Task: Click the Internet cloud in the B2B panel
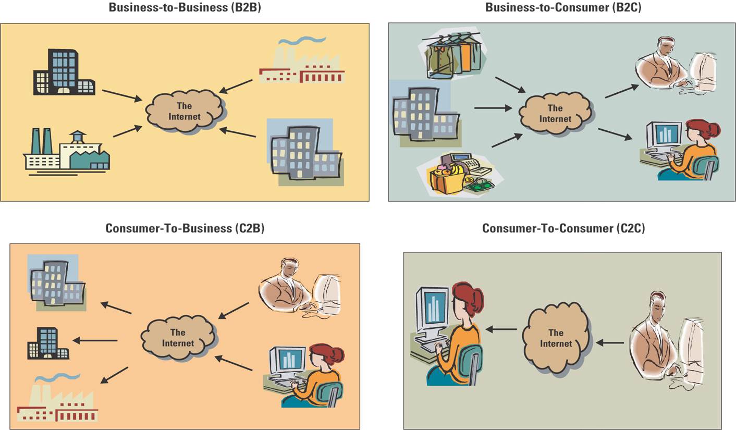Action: pos(185,111)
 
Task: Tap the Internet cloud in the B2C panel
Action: pos(555,114)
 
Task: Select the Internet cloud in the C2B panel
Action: pos(178,337)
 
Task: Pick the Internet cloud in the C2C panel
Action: pos(556,338)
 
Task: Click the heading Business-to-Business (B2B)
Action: pos(185,8)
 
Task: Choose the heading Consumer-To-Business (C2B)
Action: pos(185,228)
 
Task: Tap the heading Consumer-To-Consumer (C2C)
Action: pos(563,228)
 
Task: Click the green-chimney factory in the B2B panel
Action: pos(67,152)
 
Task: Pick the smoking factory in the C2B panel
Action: pos(57,399)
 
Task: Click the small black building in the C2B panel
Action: pos(48,343)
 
